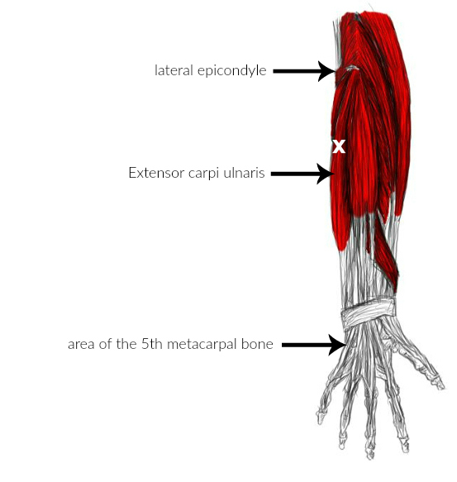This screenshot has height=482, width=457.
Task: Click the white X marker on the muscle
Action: tap(339, 146)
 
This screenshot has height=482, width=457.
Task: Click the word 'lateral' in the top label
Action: tap(174, 70)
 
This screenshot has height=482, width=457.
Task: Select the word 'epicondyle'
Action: tap(231, 71)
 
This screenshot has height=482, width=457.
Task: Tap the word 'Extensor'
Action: tap(156, 173)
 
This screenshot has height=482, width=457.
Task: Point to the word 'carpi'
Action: tap(203, 174)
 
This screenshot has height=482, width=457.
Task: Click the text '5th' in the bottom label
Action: tap(152, 344)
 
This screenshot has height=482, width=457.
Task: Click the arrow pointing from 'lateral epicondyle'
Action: tap(303, 71)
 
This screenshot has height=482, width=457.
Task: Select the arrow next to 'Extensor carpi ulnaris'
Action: tap(302, 174)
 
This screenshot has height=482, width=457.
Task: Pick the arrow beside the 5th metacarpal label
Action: tap(314, 346)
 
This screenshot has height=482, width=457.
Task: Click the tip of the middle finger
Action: tap(369, 455)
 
